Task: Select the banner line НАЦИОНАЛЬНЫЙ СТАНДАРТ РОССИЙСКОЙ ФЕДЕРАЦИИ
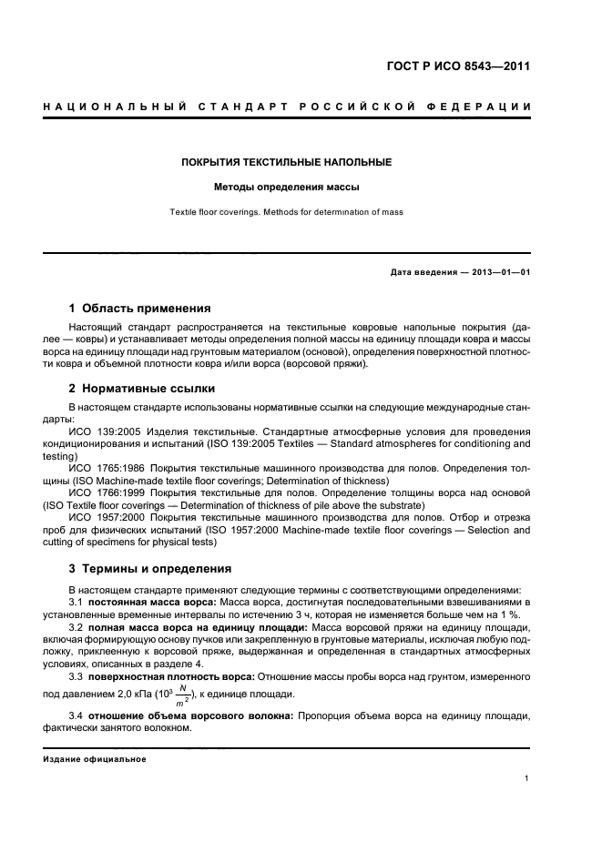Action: [x=287, y=108]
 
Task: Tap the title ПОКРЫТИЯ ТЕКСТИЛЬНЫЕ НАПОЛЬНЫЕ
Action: [x=287, y=162]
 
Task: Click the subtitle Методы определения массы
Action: [x=287, y=188]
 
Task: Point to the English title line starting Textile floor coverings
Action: [x=287, y=212]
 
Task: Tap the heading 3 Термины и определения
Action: [x=150, y=569]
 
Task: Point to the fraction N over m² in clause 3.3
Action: [x=183, y=695]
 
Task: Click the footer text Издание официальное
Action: [x=95, y=759]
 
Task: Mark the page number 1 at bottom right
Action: [x=527, y=778]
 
